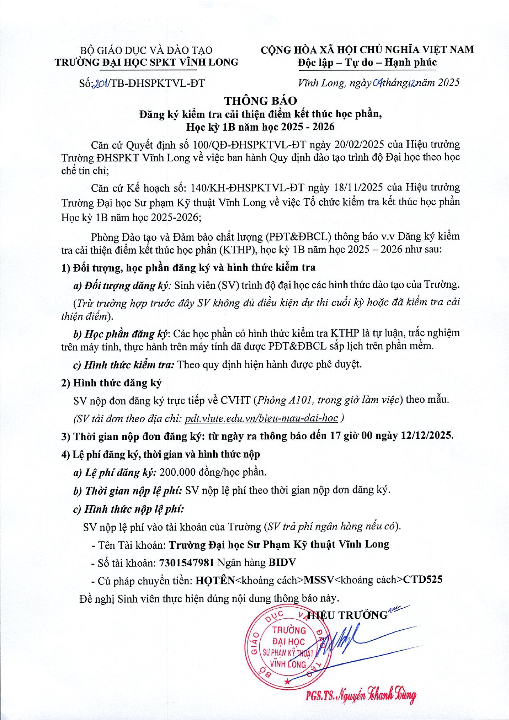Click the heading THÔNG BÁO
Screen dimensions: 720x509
tap(260, 100)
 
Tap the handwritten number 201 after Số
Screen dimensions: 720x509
tap(100, 84)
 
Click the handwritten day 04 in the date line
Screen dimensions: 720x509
tap(377, 83)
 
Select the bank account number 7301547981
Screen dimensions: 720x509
tap(186, 563)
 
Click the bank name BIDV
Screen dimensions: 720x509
tap(282, 562)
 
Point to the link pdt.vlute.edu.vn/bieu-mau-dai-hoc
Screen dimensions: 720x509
tap(261, 418)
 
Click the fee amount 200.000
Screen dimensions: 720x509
tap(177, 472)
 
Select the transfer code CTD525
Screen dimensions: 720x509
tap(423, 580)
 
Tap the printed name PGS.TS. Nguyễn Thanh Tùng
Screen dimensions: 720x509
tap(361, 695)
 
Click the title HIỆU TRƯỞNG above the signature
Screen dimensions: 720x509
tap(348, 615)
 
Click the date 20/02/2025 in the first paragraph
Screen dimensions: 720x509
tap(359, 145)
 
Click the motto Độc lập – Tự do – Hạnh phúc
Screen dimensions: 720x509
tap(367, 63)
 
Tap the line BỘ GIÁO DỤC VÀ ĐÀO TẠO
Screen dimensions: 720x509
tap(146, 50)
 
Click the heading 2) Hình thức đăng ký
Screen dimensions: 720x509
tap(111, 383)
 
